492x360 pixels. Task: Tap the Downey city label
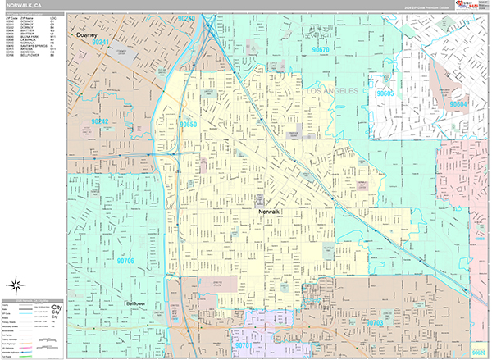click(x=86, y=36)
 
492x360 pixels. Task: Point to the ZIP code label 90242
click(x=100, y=121)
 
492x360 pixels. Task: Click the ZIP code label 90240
click(x=187, y=18)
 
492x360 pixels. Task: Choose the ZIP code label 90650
click(x=189, y=124)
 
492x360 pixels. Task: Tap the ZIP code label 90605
click(x=385, y=94)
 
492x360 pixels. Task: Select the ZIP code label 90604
click(x=460, y=104)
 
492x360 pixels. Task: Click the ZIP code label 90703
click(x=374, y=323)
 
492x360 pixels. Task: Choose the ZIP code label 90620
click(x=479, y=352)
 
